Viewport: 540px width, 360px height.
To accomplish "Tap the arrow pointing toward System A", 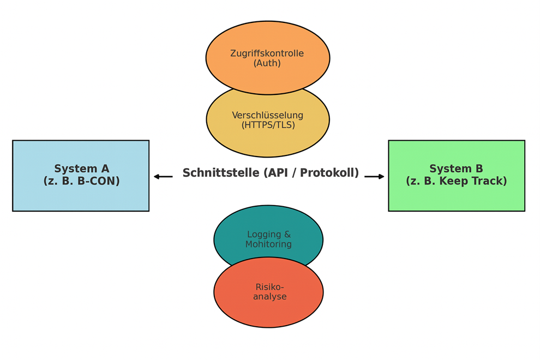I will (x=163, y=176).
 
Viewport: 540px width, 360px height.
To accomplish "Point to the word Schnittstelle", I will (x=221, y=173).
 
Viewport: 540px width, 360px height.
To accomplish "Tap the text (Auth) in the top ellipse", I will (x=267, y=63).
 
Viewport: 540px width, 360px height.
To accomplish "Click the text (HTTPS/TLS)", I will (x=268, y=125).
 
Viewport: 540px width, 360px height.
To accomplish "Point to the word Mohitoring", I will (x=268, y=244).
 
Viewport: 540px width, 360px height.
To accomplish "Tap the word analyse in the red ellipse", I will (x=269, y=297).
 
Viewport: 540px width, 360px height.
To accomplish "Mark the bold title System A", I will (x=81, y=169).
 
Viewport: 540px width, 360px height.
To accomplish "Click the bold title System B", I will (x=456, y=169).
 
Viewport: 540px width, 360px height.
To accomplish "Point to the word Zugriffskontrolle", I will (x=267, y=53).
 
